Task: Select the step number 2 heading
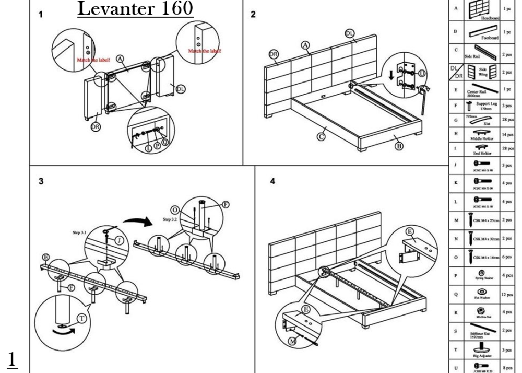[x=253, y=14]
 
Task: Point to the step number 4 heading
[x=272, y=181]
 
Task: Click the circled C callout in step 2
[x=322, y=136]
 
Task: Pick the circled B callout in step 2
[x=399, y=146]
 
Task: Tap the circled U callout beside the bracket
[x=422, y=74]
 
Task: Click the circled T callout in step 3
[x=81, y=319]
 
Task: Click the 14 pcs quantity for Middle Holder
[x=507, y=134]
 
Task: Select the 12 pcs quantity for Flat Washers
[x=507, y=294]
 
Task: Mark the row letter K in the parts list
[x=456, y=183]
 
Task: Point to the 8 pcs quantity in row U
[x=507, y=367]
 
